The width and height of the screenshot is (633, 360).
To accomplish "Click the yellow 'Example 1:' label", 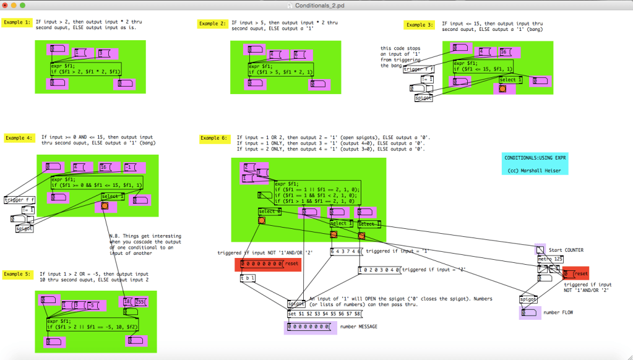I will [x=17, y=23].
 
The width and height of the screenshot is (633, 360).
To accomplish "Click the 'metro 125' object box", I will [x=549, y=259].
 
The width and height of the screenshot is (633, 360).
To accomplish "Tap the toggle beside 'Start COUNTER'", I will [x=540, y=250].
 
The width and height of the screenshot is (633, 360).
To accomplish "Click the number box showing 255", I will [x=142, y=301].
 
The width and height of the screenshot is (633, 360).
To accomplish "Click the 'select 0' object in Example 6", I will [x=270, y=212].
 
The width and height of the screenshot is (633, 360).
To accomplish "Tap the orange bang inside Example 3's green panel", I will [x=502, y=89].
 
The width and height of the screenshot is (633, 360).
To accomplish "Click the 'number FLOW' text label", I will [x=559, y=313].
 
